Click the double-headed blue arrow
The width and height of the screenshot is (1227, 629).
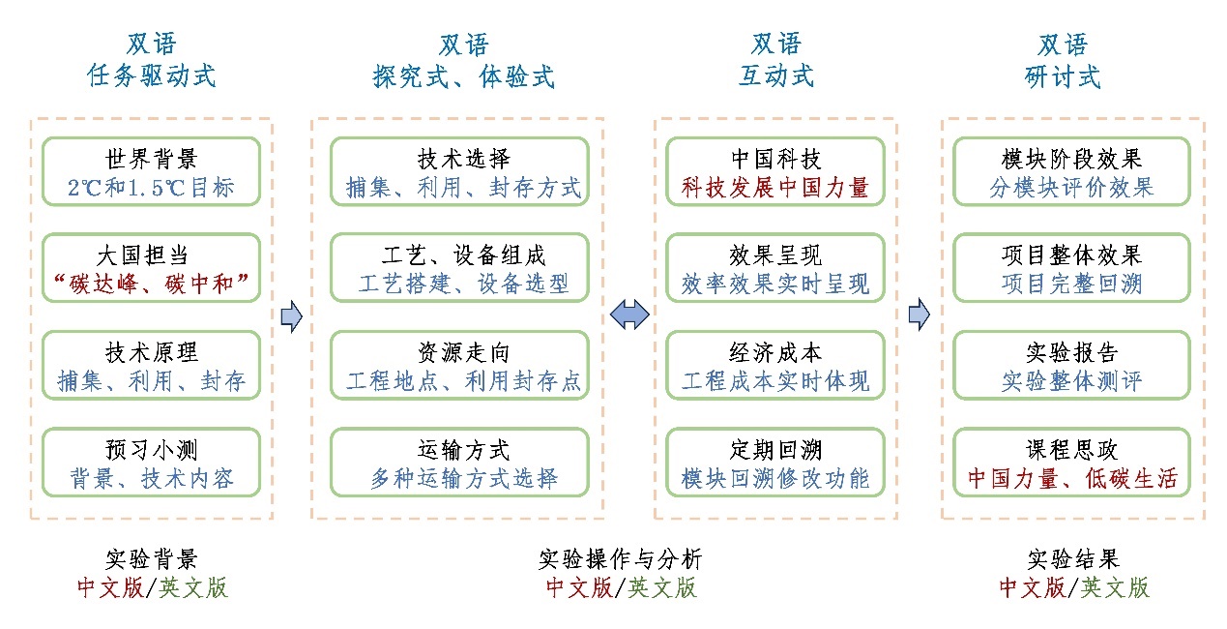(629, 314)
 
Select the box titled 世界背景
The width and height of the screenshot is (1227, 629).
(151, 171)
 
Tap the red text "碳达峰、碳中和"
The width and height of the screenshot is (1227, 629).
(151, 284)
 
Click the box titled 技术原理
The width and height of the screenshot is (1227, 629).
(151, 365)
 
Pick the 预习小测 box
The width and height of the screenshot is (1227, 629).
(151, 463)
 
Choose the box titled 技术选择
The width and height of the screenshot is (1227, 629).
(459, 171)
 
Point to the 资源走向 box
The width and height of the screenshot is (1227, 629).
(459, 365)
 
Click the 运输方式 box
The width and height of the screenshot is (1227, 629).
(459, 463)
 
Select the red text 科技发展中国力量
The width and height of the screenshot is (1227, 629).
(775, 188)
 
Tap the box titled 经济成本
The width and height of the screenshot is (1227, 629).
(775, 365)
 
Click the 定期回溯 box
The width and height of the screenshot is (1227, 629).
(775, 463)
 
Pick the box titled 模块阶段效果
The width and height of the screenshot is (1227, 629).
(1072, 171)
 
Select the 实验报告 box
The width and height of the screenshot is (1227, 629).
(1072, 365)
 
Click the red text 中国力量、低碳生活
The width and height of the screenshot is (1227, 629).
(1072, 478)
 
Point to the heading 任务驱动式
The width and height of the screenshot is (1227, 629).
(151, 75)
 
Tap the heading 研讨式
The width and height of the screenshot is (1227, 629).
(1063, 76)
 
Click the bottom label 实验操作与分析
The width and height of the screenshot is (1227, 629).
(621, 559)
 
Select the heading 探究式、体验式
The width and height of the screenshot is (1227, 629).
(463, 76)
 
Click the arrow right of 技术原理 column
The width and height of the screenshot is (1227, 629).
(291, 316)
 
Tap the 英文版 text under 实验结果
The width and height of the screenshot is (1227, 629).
(1115, 587)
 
